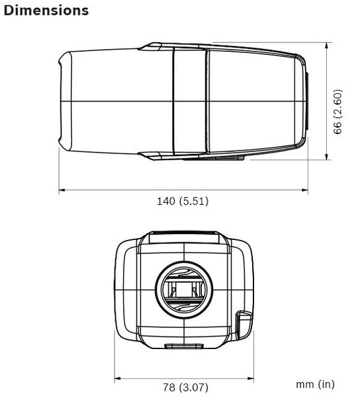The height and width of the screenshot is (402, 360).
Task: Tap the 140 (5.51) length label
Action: point(182,201)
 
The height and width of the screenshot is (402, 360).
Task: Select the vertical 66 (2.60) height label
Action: point(337,112)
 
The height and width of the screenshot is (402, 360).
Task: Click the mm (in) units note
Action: point(315,383)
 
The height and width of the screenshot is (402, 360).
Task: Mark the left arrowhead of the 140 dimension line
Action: point(62,191)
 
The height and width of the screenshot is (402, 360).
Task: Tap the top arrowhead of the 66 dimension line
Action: point(329,46)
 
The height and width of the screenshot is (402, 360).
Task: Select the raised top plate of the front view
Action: point(185,237)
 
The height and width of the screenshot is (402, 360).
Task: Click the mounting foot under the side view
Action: point(213,157)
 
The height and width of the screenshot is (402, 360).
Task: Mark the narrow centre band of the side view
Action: point(190,100)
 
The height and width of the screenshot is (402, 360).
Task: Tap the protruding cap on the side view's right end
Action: point(306,100)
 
